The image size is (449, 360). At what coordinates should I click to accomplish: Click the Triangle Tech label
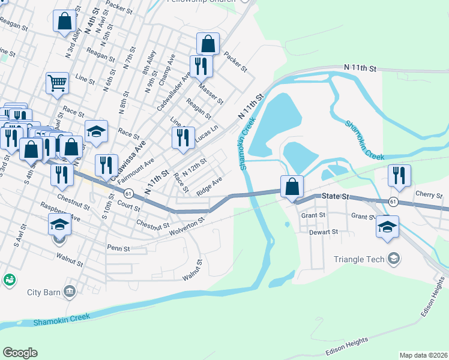pyautogui.click(x=360, y=259)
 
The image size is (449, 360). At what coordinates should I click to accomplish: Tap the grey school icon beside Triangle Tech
pyautogui.click(x=394, y=259)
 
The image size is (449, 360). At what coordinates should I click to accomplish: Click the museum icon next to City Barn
pyautogui.click(x=70, y=292)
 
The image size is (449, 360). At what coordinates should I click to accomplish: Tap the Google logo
pyautogui.click(x=20, y=352)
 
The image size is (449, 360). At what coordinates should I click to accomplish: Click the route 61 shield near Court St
pyautogui.click(x=128, y=193)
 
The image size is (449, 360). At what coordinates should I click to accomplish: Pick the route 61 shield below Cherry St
pyautogui.click(x=392, y=202)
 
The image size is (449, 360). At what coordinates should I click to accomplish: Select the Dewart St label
pyautogui.click(x=324, y=231)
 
